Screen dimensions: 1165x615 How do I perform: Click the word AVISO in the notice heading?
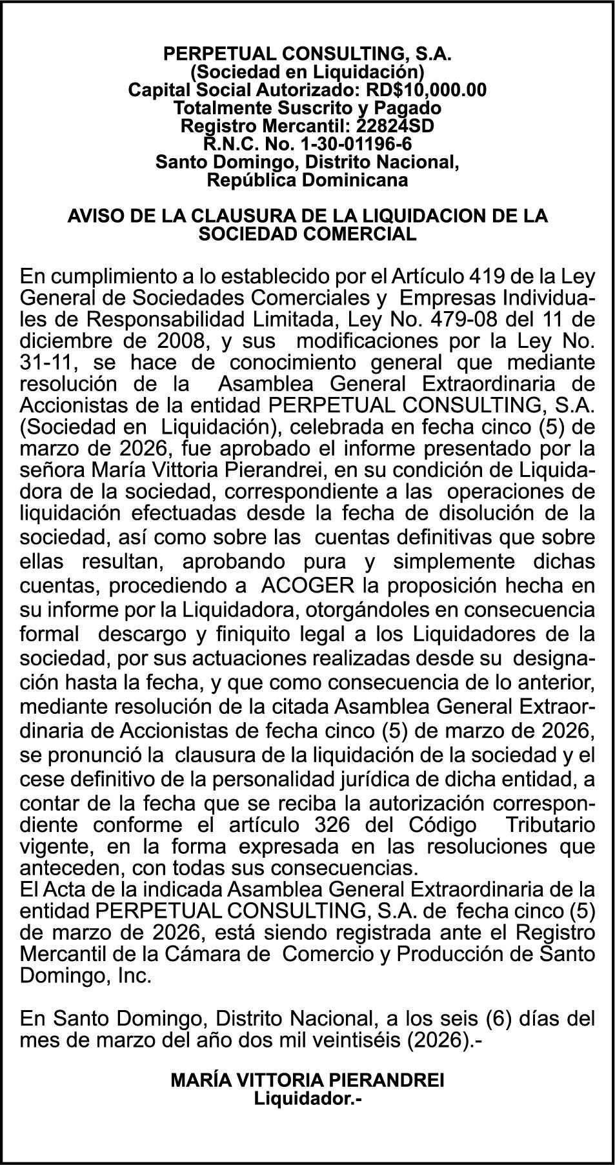coord(94,216)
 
